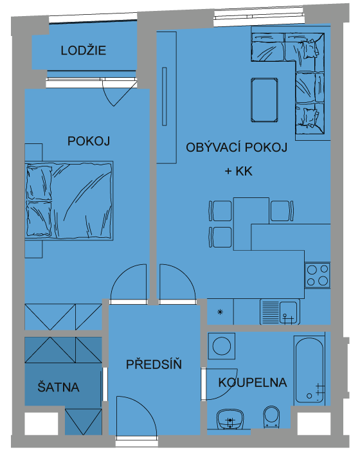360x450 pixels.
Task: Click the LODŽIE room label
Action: (84, 51)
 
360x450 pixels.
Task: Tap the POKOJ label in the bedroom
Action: (89, 141)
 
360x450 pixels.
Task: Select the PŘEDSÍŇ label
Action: (154, 364)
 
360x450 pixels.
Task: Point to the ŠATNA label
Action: (59, 386)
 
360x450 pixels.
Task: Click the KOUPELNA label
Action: (253, 382)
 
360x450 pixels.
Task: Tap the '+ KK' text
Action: (239, 172)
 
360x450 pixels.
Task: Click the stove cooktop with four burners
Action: (318, 275)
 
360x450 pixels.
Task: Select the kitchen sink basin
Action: (288, 312)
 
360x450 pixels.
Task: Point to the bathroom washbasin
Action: (230, 419)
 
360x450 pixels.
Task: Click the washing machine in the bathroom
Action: (221, 346)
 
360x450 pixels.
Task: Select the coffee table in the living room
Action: (264, 100)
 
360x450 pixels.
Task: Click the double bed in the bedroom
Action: (69, 201)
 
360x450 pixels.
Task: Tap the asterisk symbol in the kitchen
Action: (221, 312)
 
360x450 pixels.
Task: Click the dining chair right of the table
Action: (282, 211)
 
